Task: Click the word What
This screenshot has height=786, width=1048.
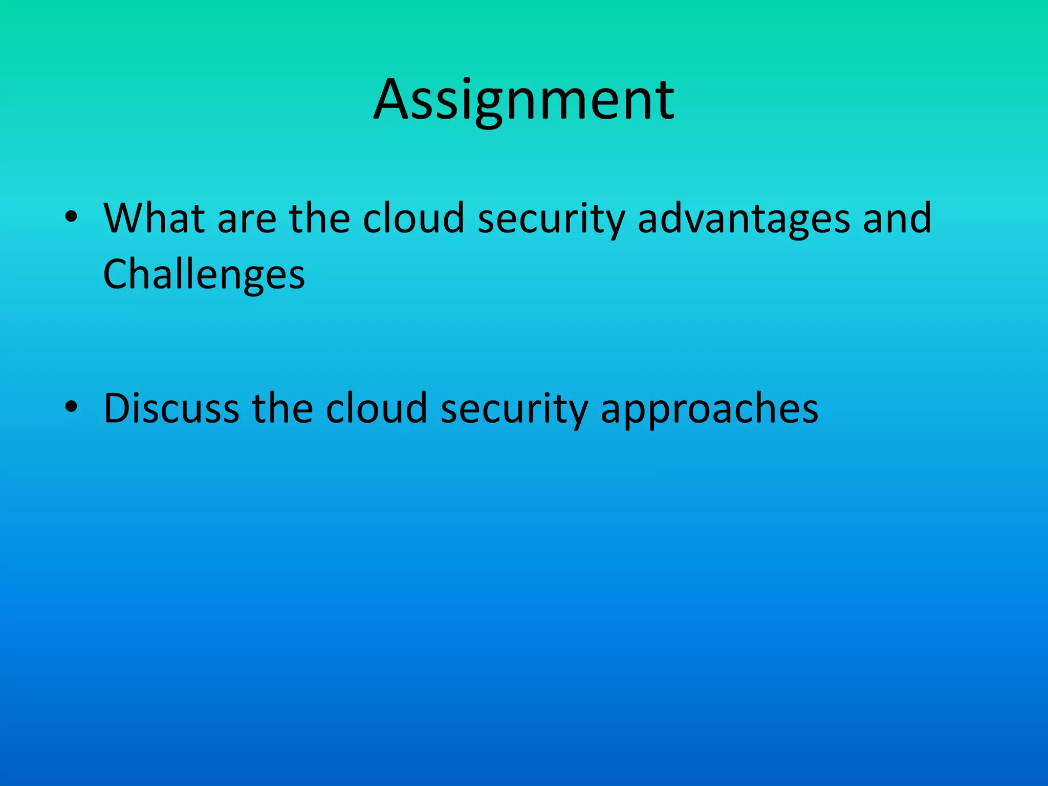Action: click(x=154, y=219)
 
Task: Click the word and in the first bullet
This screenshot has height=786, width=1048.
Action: click(x=897, y=219)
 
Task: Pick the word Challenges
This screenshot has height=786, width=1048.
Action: click(x=204, y=275)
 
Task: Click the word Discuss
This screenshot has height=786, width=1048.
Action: click(x=171, y=409)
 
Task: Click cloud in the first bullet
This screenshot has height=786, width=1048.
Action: click(x=413, y=219)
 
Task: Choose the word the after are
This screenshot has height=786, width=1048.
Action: click(x=319, y=219)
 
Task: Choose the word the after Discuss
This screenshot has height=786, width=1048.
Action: click(x=282, y=409)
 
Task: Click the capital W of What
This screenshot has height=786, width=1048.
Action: click(x=125, y=219)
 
